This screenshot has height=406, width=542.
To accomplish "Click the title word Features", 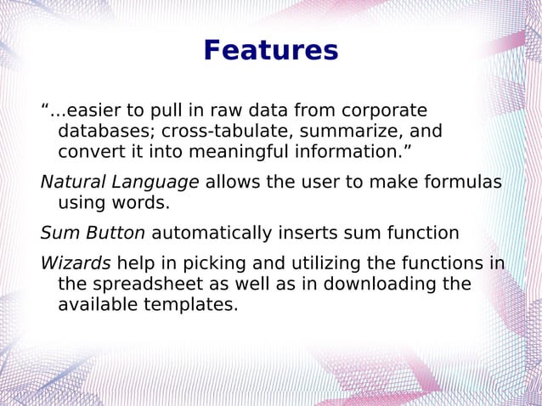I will pos(270,51).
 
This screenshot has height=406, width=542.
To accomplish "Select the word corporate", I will pos(382,111).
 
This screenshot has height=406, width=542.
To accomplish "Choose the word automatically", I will pos(211,233).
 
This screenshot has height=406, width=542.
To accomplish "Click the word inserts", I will pos(305,233).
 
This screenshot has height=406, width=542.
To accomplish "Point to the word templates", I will pos(188,303).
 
